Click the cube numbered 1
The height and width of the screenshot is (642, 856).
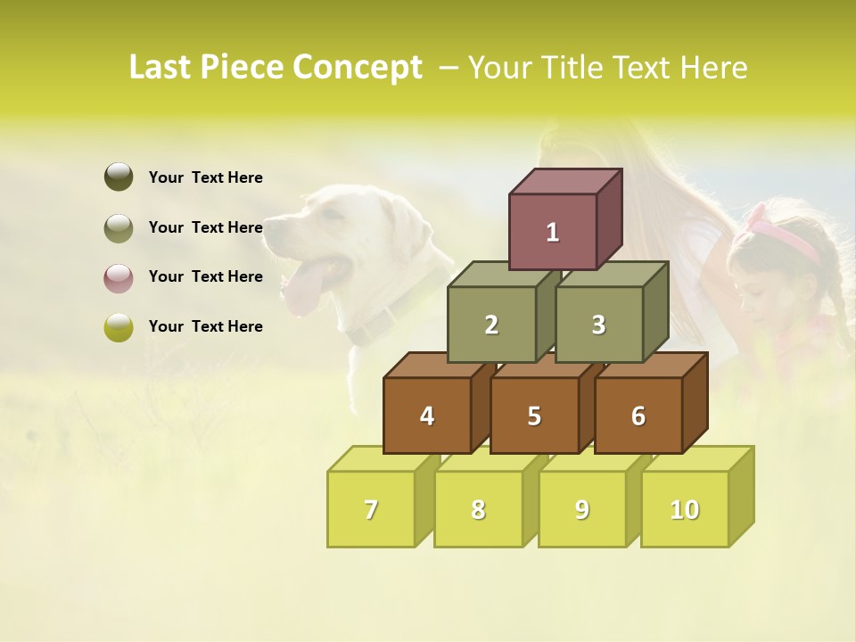point(553,232)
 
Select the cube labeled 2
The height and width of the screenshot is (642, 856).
point(491,325)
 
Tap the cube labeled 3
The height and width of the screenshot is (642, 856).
point(598,325)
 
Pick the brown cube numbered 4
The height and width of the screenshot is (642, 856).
point(427,416)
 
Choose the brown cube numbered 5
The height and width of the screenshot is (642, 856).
point(534,416)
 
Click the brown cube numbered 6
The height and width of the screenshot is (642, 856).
point(638,416)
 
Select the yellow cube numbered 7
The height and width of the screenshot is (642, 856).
point(371,509)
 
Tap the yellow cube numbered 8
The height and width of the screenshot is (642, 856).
point(478,509)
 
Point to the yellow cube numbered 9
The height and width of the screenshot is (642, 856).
point(582,509)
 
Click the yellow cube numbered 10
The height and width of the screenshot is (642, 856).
point(685,509)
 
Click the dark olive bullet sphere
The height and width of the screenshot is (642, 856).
point(119,177)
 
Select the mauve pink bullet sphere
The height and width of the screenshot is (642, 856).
point(119,277)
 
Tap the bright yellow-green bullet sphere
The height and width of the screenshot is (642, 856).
point(119,327)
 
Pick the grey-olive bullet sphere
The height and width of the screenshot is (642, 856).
point(119,227)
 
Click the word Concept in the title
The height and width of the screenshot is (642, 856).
point(358,68)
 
